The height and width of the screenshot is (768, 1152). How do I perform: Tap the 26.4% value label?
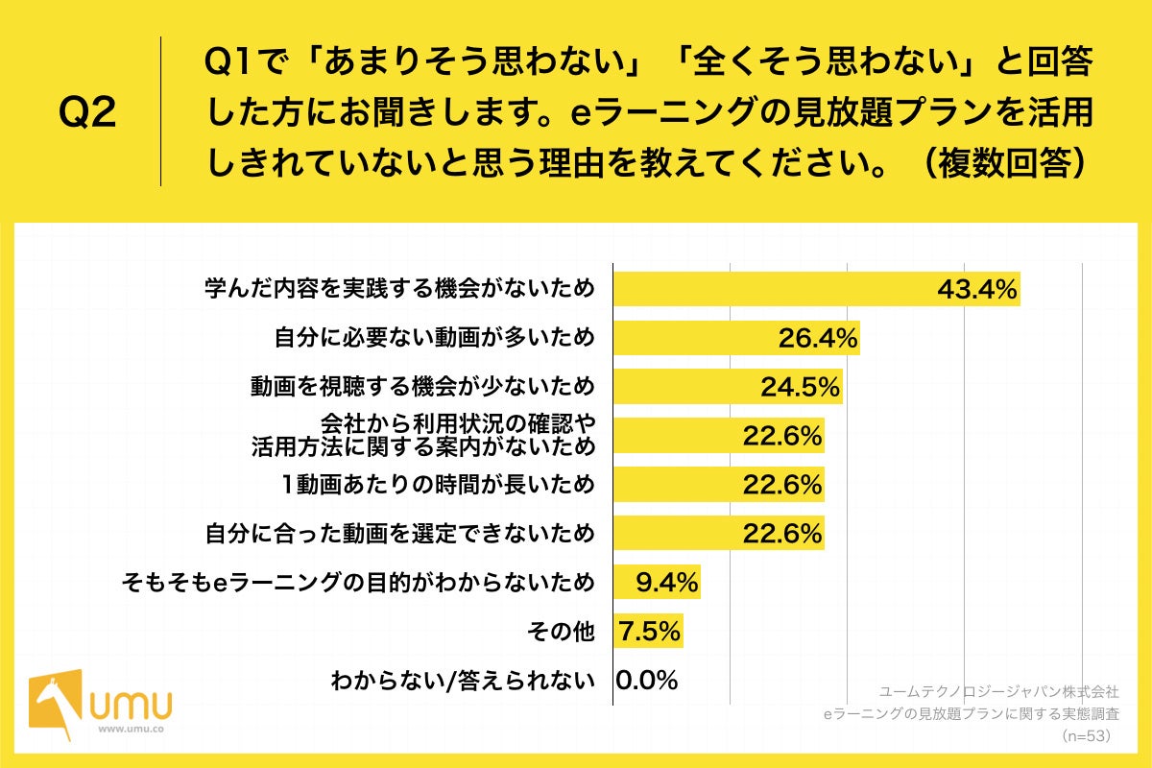pos(817,338)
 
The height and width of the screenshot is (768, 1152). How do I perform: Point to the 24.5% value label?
pos(801,387)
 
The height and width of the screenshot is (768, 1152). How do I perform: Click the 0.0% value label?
pos(647,681)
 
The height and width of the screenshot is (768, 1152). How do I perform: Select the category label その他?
pos(561,632)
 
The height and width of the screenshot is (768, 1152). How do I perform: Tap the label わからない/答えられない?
pos(463,681)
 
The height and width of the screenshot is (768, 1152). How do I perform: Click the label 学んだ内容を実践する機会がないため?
pos(400,289)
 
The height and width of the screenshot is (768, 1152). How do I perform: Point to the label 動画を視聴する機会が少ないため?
pos(423,387)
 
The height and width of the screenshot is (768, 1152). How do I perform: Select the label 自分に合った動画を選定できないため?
pos(400,533)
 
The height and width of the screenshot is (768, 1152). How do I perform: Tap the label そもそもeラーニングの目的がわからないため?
pos(358,582)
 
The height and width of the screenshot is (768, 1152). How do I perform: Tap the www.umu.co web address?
pos(132,729)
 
